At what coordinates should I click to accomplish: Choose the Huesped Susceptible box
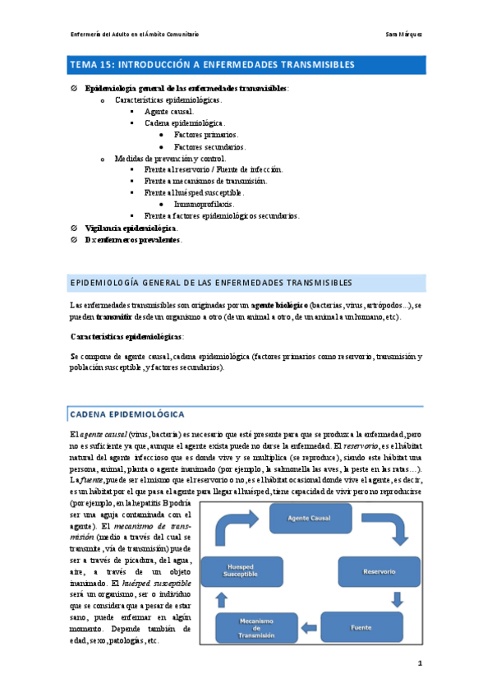click(x=237, y=570)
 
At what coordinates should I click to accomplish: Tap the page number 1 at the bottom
click(x=420, y=663)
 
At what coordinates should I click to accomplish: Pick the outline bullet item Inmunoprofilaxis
click(x=204, y=203)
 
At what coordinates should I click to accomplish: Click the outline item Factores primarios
click(x=206, y=134)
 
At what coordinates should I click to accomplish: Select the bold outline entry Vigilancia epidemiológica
click(x=131, y=228)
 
